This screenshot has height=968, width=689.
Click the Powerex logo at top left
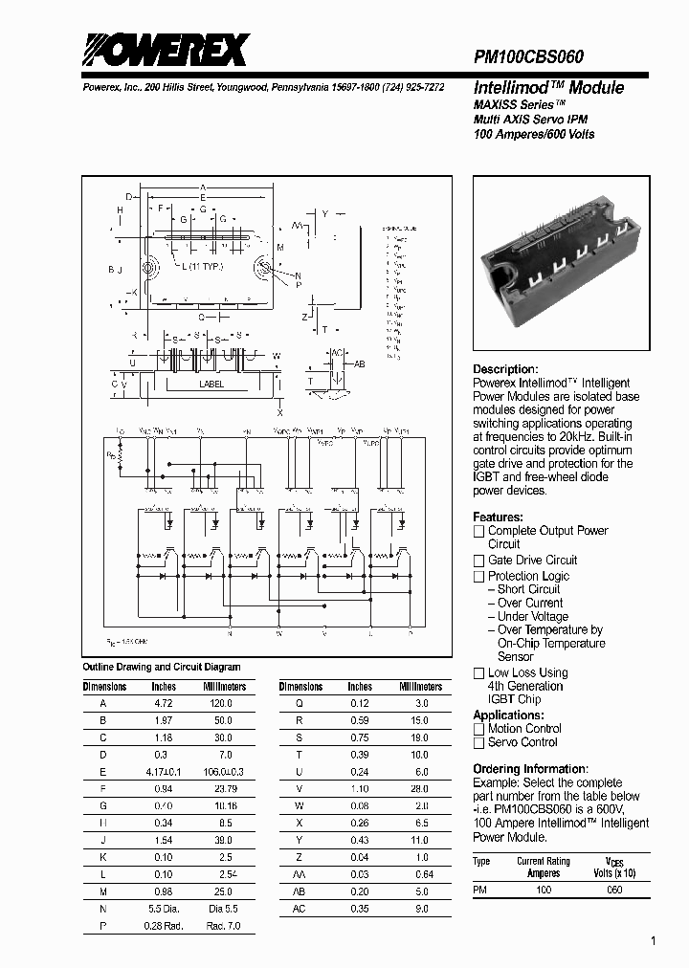click(165, 50)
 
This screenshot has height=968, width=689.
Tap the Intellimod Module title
click(548, 88)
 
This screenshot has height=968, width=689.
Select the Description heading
click(505, 369)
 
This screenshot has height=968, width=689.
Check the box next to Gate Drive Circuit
click(479, 561)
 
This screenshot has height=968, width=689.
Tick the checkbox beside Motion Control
click(479, 729)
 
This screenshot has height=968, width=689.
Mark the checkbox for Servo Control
click(479, 742)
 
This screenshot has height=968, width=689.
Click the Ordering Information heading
click(530, 769)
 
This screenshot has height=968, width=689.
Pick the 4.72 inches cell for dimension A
click(164, 703)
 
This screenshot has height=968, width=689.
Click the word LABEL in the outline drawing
click(211, 385)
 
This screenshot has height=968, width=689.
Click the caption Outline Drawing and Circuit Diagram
click(162, 667)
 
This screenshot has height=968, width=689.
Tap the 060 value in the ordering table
click(614, 890)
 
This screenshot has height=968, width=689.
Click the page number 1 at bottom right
click(654, 942)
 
